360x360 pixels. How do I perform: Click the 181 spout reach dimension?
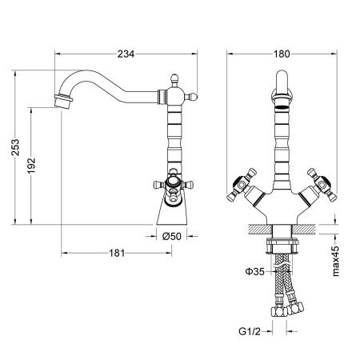[x=117, y=254]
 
